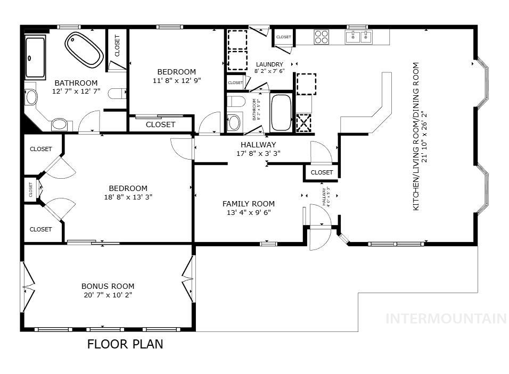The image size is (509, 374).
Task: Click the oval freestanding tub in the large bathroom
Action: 84,49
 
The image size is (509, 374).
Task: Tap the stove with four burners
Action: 321,37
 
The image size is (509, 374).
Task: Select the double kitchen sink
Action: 358,37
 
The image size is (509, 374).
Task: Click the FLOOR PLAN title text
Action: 125,344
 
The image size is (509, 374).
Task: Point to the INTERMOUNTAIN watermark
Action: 446,319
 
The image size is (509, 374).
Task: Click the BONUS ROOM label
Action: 108,286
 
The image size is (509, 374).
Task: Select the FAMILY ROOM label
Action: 248,204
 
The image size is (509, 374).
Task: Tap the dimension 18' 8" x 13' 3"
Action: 128,197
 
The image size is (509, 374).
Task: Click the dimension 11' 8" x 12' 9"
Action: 176,81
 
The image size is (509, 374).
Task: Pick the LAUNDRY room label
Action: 269,64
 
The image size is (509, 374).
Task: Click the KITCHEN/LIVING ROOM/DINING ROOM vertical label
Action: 416,136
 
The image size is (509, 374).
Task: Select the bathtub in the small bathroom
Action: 281,112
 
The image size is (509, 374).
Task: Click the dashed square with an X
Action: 304,122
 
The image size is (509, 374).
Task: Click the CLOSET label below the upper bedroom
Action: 160,124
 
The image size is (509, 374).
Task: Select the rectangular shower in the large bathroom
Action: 35,57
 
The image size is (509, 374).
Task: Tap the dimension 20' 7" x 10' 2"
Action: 108,295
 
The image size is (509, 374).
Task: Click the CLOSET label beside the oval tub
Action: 117,46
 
